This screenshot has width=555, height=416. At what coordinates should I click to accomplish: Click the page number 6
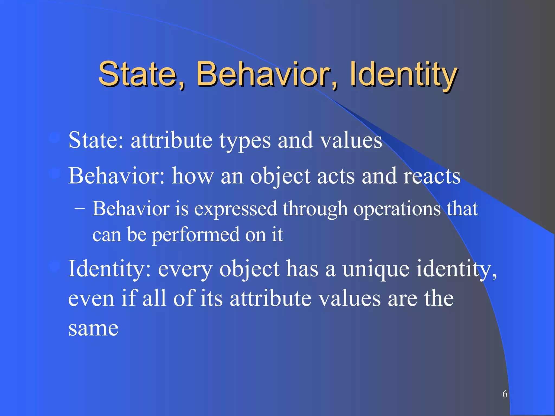505,394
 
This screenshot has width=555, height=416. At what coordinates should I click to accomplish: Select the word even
91,298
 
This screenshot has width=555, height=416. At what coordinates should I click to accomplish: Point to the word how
193,176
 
